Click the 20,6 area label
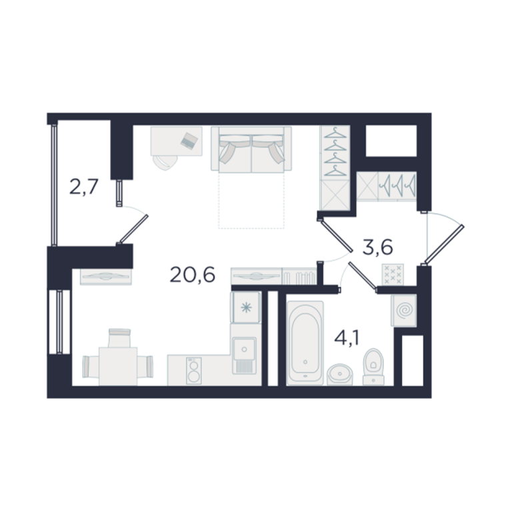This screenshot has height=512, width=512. [192, 275]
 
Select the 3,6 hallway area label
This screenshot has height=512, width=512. [377, 247]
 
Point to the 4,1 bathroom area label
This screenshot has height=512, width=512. [347, 338]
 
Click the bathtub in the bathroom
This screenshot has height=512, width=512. [305, 343]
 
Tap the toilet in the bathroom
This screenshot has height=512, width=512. [373, 367]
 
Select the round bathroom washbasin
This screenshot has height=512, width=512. [340, 375]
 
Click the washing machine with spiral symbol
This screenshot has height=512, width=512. [404, 311]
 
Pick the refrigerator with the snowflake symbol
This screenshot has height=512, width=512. [246, 307]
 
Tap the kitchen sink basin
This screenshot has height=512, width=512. [244, 349]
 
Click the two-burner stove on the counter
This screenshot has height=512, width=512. [193, 370]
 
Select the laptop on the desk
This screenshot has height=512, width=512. [189, 141]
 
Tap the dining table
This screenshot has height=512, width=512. [118, 367]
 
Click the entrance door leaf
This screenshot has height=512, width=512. [443, 244]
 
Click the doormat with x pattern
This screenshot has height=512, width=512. [393, 274]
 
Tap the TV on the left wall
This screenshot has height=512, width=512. [106, 276]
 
